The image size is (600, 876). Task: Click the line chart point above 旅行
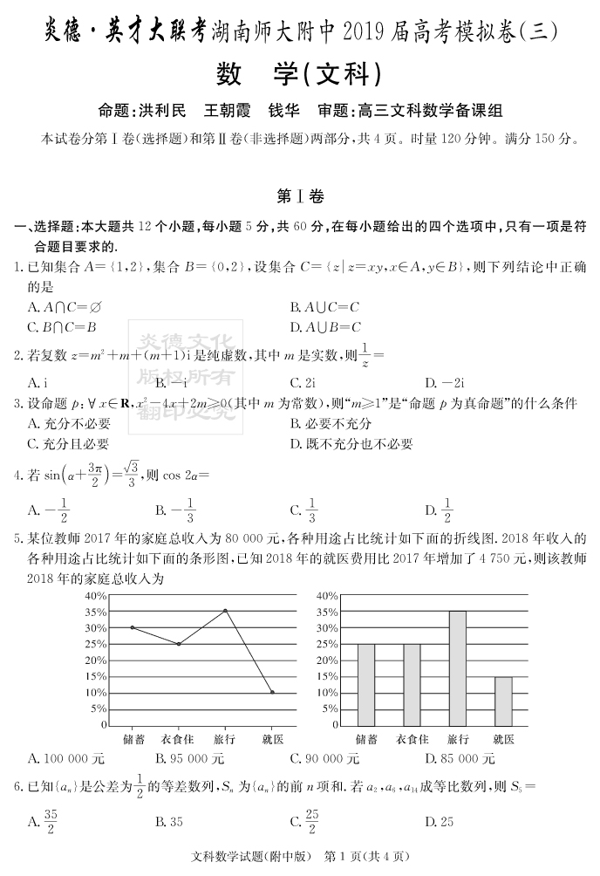226,611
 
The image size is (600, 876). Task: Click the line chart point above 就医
272,692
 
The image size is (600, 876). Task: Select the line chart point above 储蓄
133,627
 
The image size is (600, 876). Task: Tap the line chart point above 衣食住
179,644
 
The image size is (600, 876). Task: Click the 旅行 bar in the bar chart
458,667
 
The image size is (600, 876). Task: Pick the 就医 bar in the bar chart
503,701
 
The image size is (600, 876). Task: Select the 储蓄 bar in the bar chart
366,684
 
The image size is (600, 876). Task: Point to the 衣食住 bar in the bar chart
412,684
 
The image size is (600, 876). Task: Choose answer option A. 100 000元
66,758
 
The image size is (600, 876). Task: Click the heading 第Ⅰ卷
299,196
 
